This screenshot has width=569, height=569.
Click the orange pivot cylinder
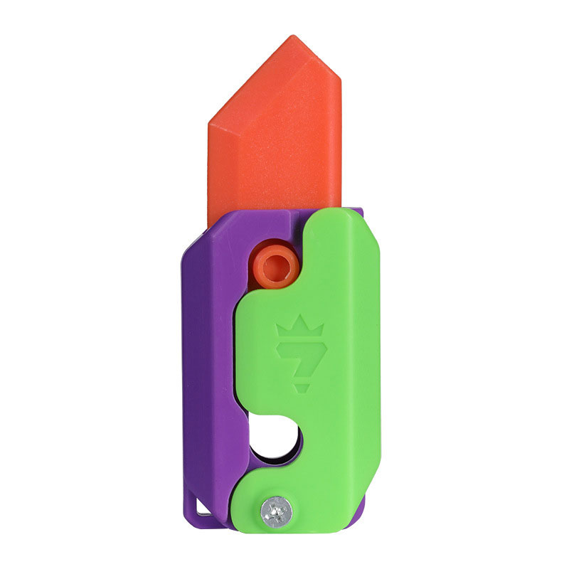tap(272, 266)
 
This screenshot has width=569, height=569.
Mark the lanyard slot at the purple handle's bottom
tap(201, 506)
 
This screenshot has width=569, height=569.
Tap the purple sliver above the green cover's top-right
tap(358, 213)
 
